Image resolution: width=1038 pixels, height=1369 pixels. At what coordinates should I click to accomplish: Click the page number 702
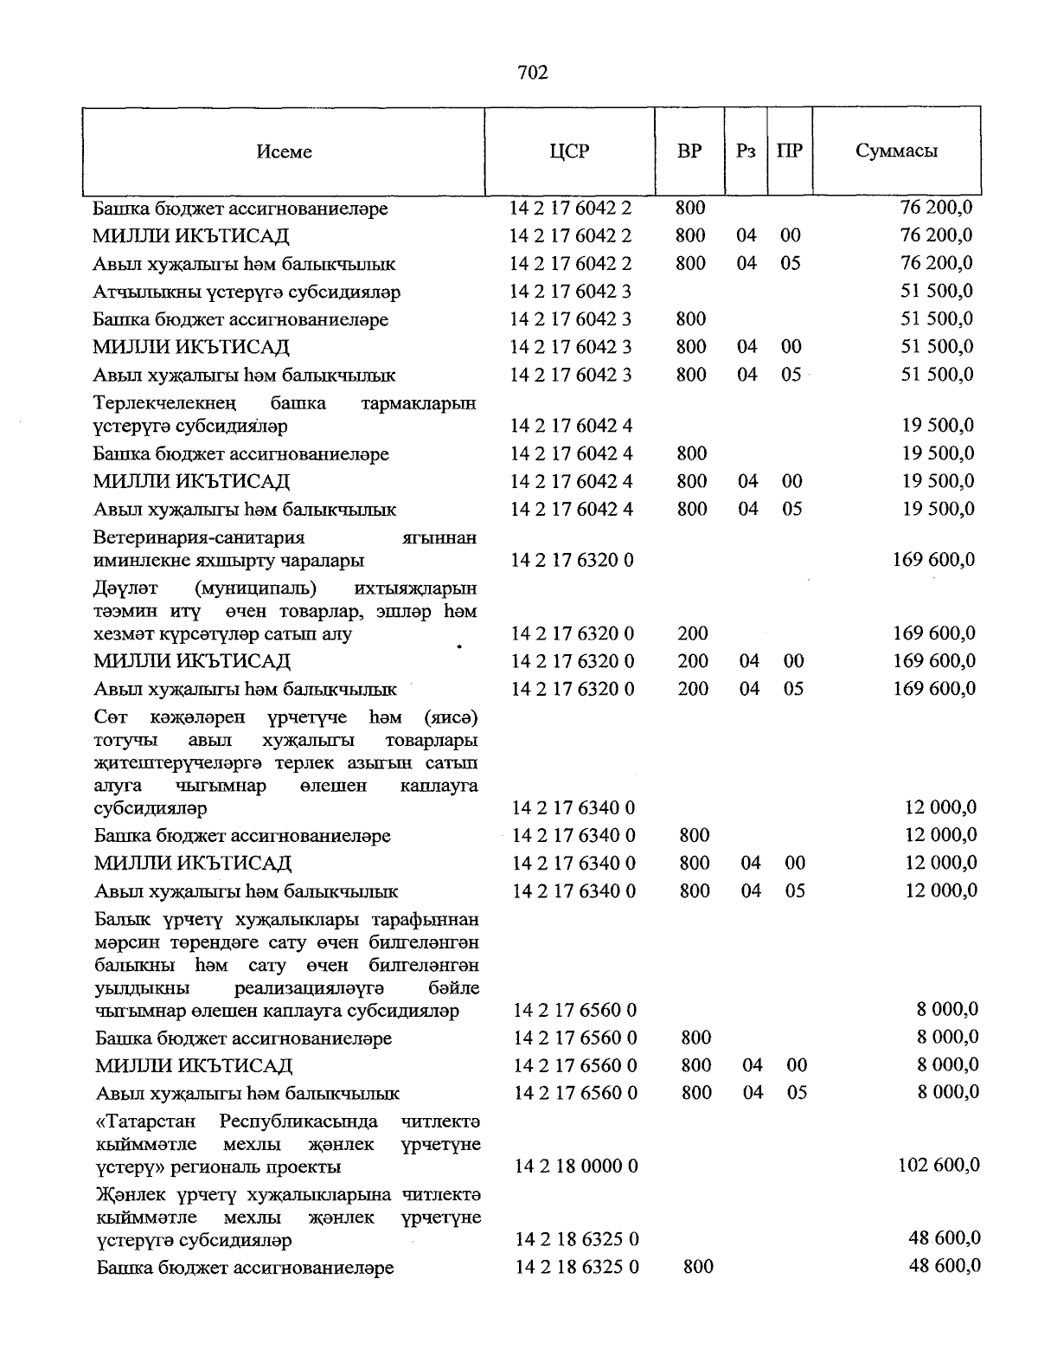[533, 73]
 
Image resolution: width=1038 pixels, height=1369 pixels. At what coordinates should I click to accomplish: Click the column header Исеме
[284, 151]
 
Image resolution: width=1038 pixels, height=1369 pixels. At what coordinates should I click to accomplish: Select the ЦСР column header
[569, 151]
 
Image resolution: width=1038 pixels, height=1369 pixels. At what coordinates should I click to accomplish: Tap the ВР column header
[689, 151]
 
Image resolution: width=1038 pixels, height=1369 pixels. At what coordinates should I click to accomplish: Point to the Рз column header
[746, 151]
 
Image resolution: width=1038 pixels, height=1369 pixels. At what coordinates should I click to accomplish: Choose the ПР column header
[790, 151]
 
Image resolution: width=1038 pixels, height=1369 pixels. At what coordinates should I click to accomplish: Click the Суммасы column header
[896, 151]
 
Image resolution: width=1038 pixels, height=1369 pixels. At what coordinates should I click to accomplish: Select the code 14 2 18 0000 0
[576, 1167]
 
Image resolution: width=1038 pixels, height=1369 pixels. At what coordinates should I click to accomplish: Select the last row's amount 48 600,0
[945, 1265]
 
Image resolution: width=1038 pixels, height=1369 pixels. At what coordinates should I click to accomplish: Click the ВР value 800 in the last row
[698, 1267]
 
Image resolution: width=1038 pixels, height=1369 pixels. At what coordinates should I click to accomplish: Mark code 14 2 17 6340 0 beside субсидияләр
[573, 808]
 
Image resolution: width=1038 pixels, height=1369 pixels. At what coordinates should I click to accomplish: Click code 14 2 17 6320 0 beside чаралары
[572, 560]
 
